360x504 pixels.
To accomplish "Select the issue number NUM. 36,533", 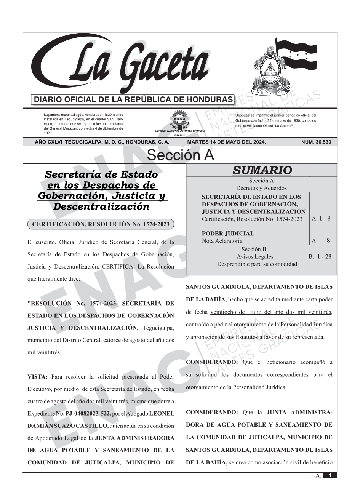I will click(x=316, y=142).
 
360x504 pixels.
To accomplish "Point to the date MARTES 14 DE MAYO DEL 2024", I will click(x=226, y=142).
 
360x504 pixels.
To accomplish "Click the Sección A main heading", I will click(x=180, y=155).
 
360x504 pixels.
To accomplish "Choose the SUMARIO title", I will click(x=262, y=170).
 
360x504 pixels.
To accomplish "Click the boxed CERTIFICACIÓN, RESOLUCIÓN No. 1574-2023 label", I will click(x=101, y=224).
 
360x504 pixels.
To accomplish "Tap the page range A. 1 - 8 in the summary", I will click(x=321, y=219).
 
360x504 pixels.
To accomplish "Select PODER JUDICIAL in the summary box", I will click(x=227, y=234).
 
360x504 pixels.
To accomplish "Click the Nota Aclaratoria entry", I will click(x=222, y=241).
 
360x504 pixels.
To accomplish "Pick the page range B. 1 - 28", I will click(x=320, y=257).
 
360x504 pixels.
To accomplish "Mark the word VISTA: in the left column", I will click(x=37, y=377).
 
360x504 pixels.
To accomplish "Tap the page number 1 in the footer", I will click(x=330, y=475).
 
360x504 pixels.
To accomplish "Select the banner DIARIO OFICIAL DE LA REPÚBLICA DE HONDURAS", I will click(x=133, y=100).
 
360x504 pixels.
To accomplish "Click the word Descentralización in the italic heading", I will click(x=101, y=207).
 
